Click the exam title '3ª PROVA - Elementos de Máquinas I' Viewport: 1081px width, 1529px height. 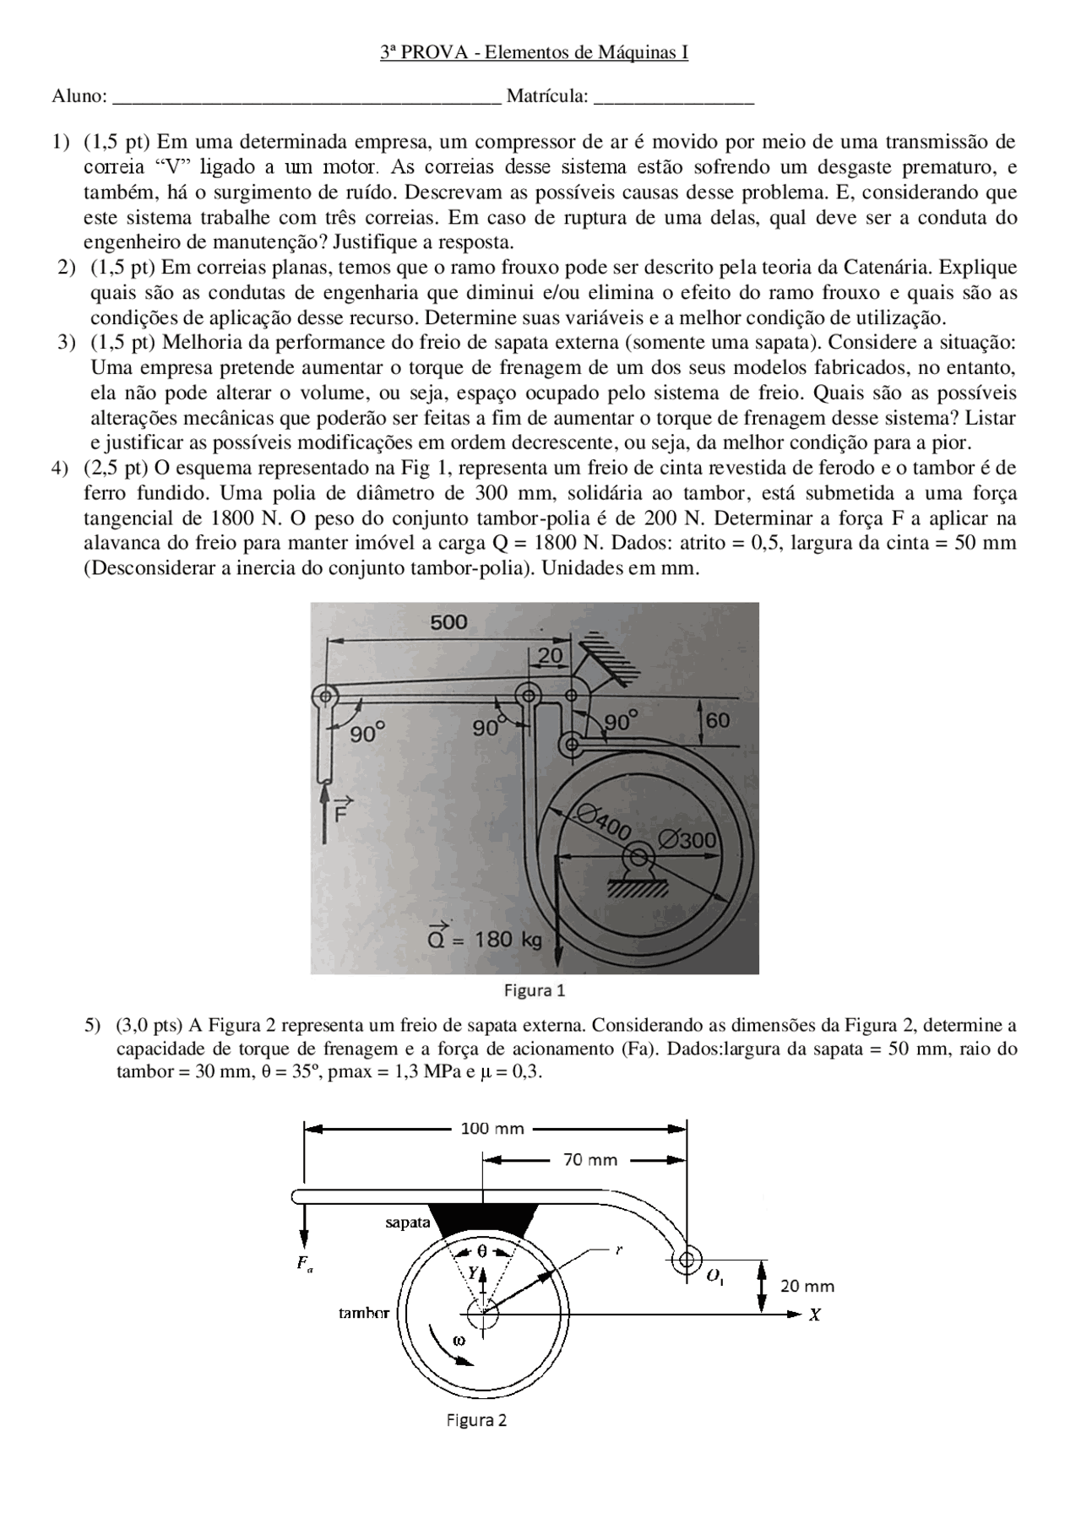click(534, 52)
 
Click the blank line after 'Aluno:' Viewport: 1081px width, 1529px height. click(307, 97)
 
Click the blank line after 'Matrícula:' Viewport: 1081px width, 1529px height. click(673, 97)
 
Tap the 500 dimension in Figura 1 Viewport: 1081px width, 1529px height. click(448, 623)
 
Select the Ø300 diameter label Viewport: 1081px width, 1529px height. click(687, 840)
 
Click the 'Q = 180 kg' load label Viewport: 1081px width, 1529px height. click(485, 939)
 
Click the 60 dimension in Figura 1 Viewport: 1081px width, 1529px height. click(718, 720)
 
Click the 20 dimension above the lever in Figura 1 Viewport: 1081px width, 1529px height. click(550, 655)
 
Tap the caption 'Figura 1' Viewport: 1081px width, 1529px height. click(534, 990)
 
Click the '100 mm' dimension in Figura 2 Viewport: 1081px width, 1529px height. click(492, 1128)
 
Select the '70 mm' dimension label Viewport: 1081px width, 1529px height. click(589, 1160)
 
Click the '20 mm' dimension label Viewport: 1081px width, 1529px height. click(807, 1286)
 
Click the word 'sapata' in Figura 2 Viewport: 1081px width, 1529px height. click(408, 1222)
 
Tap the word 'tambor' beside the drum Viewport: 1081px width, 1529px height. click(364, 1313)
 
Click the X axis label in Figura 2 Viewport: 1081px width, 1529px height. click(815, 1315)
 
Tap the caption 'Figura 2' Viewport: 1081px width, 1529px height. click(476, 1420)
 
